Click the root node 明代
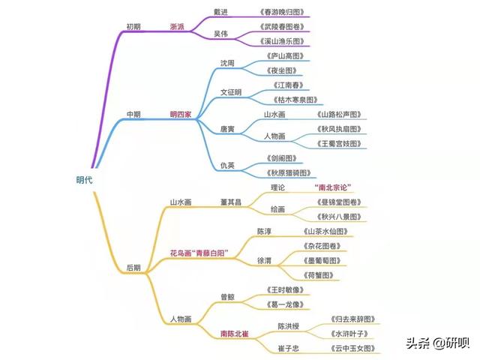coord(84,180)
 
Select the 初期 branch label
coord(133,27)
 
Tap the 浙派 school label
coord(177,27)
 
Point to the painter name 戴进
coord(220,12)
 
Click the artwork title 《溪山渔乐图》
coord(282,41)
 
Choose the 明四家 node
coord(181,115)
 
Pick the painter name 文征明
coord(231,92)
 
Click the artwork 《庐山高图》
coord(285,56)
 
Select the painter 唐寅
coord(227,129)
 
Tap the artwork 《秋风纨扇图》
coord(339,129)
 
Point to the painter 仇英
coord(227,165)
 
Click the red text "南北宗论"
coord(333,187)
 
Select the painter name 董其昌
coord(231,202)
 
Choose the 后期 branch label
coord(133,268)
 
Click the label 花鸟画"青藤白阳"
coord(199,253)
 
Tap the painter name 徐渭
coord(264,260)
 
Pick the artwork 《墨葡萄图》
coord(322,260)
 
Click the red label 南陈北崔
coord(235,334)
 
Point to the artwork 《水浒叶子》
coord(349,334)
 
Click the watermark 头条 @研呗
coord(438,343)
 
